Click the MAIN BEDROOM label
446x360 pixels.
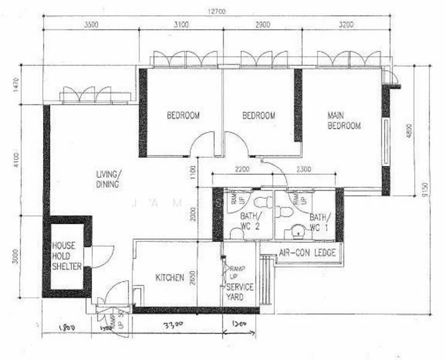pyautogui.click(x=343, y=120)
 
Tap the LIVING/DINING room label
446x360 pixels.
pyautogui.click(x=109, y=179)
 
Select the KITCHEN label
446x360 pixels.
pyautogui.click(x=170, y=278)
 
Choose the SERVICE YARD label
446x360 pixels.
pyautogui.click(x=239, y=292)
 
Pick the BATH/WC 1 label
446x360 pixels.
pyautogui.click(x=320, y=221)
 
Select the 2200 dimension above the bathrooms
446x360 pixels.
pyautogui.click(x=242, y=170)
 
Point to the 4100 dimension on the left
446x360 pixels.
pyautogui.click(x=16, y=159)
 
